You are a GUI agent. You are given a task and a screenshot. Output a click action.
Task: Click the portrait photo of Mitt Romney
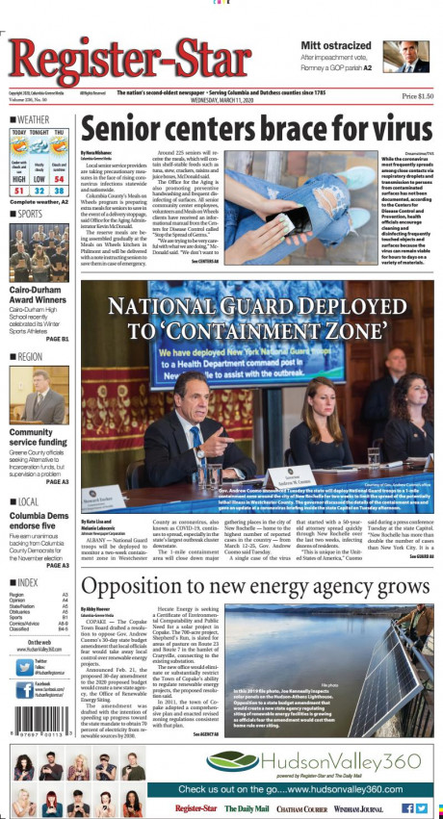coord(413,56)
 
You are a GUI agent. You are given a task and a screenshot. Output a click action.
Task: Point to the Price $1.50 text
coord(417,96)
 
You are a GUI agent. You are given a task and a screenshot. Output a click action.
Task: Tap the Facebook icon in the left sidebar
coord(13,690)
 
